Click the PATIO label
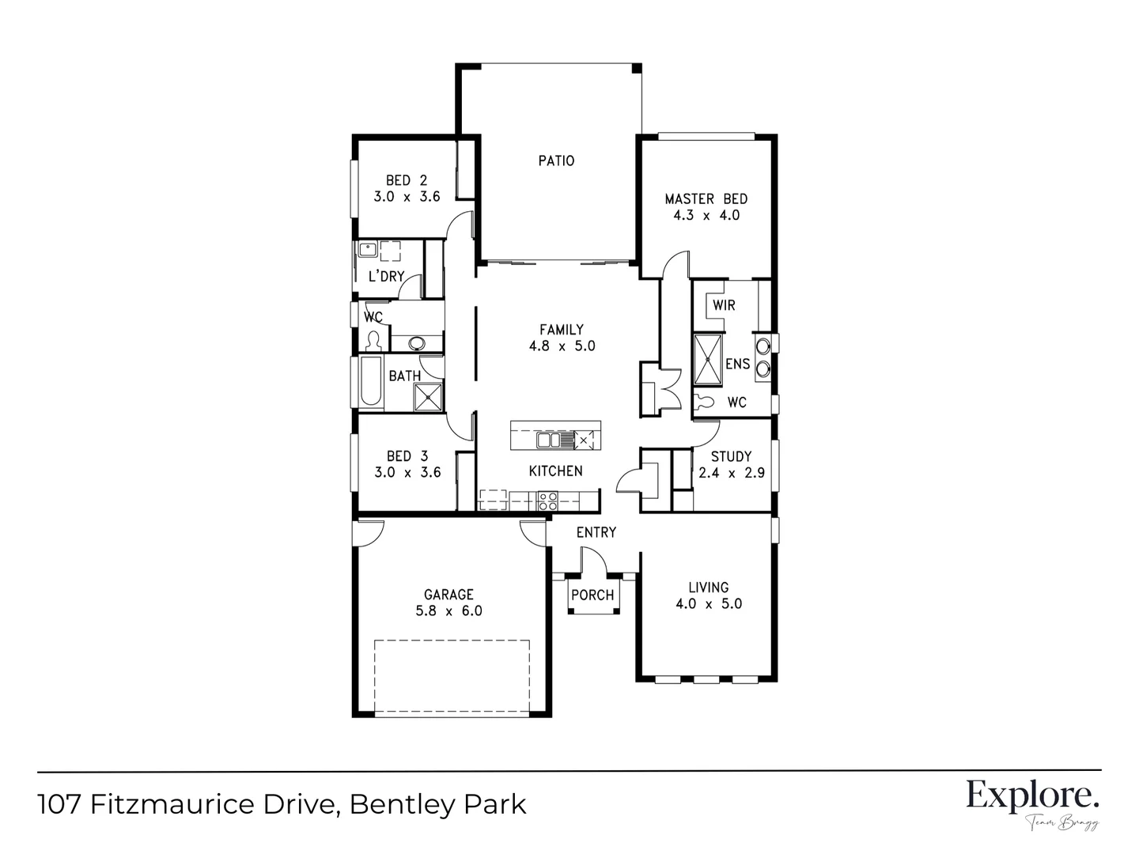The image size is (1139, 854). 556,161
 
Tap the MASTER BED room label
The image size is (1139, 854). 706,198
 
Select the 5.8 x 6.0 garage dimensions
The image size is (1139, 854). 448,611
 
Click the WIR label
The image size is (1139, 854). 724,305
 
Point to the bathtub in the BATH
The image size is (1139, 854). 371,384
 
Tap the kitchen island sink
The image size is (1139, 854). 549,440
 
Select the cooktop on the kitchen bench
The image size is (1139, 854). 547,501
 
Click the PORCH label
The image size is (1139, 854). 592,595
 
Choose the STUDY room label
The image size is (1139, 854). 731,456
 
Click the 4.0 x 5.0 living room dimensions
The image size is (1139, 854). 708,604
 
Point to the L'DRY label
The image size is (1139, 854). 387,277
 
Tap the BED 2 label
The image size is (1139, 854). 407,180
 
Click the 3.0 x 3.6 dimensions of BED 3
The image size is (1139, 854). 407,473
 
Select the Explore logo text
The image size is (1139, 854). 1032,795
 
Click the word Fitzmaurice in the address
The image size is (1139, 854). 208,805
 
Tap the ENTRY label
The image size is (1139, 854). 596,532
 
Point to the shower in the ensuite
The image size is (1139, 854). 709,360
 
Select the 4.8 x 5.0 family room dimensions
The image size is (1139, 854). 562,346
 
